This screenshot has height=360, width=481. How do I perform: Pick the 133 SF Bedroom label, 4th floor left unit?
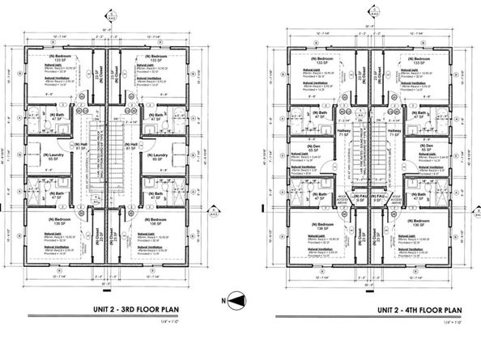click(317, 62)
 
